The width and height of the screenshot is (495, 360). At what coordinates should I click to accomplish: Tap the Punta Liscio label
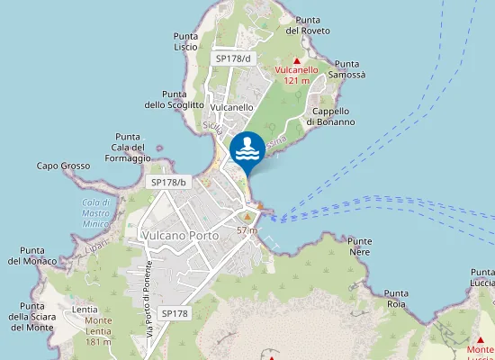[x=185, y=41]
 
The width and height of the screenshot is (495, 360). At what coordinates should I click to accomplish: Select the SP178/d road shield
[x=233, y=58]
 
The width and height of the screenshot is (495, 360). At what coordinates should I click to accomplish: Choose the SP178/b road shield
[x=167, y=182]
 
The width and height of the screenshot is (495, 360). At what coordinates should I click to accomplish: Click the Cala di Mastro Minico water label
[x=94, y=212]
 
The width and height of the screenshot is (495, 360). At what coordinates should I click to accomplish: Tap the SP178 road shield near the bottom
[x=175, y=312]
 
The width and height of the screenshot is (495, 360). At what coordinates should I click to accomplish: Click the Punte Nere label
[x=359, y=247]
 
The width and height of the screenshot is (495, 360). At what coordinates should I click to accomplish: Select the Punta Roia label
[x=396, y=299]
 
